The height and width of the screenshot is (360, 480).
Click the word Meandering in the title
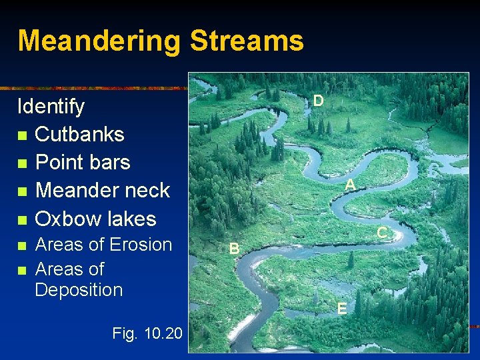(99, 41)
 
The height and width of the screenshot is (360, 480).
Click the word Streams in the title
(247, 40)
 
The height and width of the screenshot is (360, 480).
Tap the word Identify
(51, 107)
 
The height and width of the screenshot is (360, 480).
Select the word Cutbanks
(79, 134)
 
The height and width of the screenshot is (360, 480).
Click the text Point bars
(82, 162)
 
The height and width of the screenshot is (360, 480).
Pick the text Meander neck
(102, 191)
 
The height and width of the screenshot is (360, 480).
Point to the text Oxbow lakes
(95, 219)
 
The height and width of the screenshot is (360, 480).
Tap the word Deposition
(79, 290)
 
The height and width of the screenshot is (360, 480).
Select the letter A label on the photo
(349, 185)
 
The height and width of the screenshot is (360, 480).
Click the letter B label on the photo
(234, 249)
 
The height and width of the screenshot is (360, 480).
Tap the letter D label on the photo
(319, 101)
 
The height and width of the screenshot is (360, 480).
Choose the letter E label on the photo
(341, 309)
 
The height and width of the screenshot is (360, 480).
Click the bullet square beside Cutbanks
(23, 135)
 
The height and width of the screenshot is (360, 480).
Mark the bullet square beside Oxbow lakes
(23, 220)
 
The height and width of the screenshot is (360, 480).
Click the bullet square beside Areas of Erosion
(23, 245)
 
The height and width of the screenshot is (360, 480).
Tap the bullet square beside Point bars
(23, 163)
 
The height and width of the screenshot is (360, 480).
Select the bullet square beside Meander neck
(23, 192)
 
